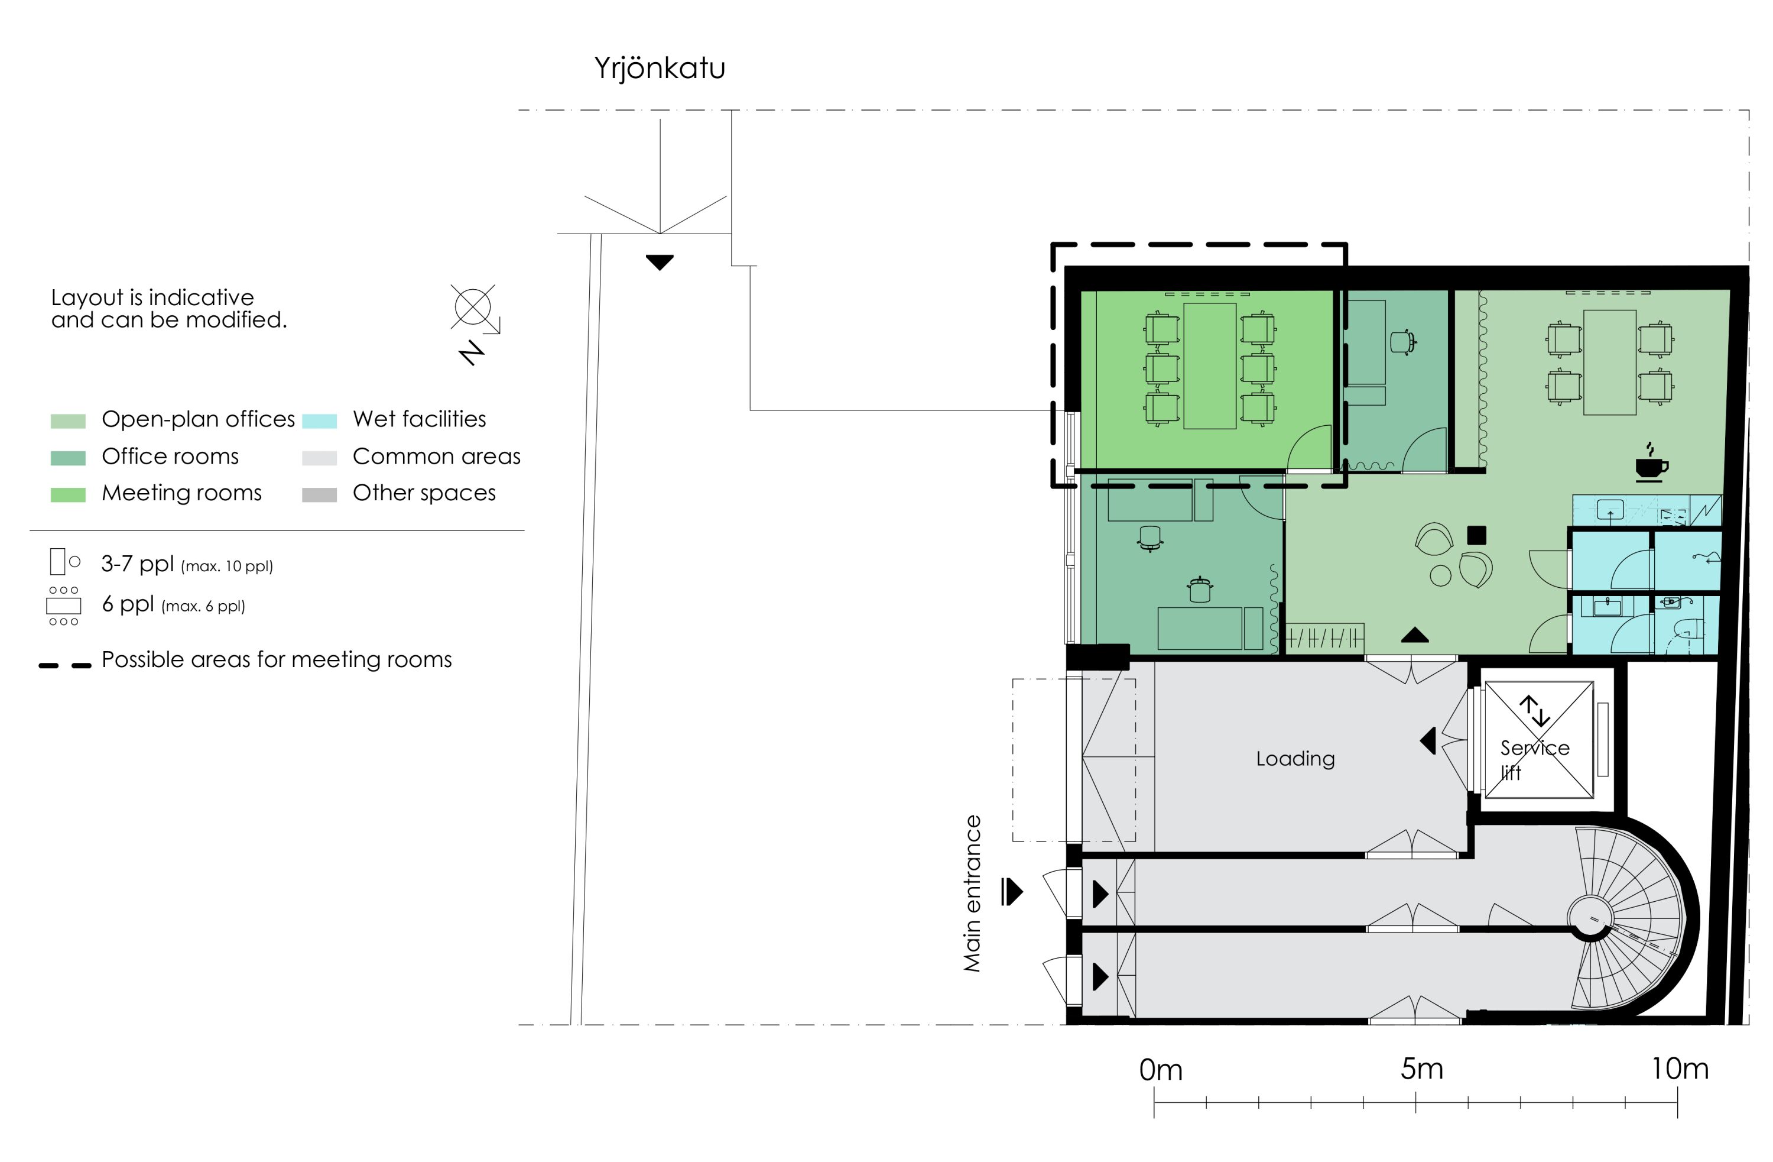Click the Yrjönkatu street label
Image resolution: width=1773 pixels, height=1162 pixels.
pyautogui.click(x=660, y=69)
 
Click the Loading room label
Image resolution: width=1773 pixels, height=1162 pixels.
pyautogui.click(x=1295, y=759)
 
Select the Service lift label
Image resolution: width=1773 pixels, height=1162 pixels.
pyautogui.click(x=1535, y=759)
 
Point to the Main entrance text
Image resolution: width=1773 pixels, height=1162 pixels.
pyautogui.click(x=972, y=893)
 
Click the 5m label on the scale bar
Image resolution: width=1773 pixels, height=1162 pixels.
pyautogui.click(x=1421, y=1069)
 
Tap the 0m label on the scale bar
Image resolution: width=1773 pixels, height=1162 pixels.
pyautogui.click(x=1161, y=1070)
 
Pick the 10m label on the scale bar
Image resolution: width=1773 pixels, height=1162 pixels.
pyautogui.click(x=1680, y=1069)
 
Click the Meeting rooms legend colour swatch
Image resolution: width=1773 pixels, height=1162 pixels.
pyautogui.click(x=68, y=494)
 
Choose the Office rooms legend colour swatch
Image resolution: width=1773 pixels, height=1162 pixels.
pyautogui.click(x=68, y=458)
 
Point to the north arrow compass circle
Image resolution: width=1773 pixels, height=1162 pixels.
pyautogui.click(x=472, y=306)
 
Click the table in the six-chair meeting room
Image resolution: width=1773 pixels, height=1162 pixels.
pyautogui.click(x=1210, y=366)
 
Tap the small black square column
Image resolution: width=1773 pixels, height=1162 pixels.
pyautogui.click(x=1476, y=535)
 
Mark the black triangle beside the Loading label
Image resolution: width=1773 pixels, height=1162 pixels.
pyautogui.click(x=1427, y=741)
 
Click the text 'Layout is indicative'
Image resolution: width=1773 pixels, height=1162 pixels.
pyautogui.click(x=152, y=297)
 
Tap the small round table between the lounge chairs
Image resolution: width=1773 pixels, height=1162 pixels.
pyautogui.click(x=1440, y=575)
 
